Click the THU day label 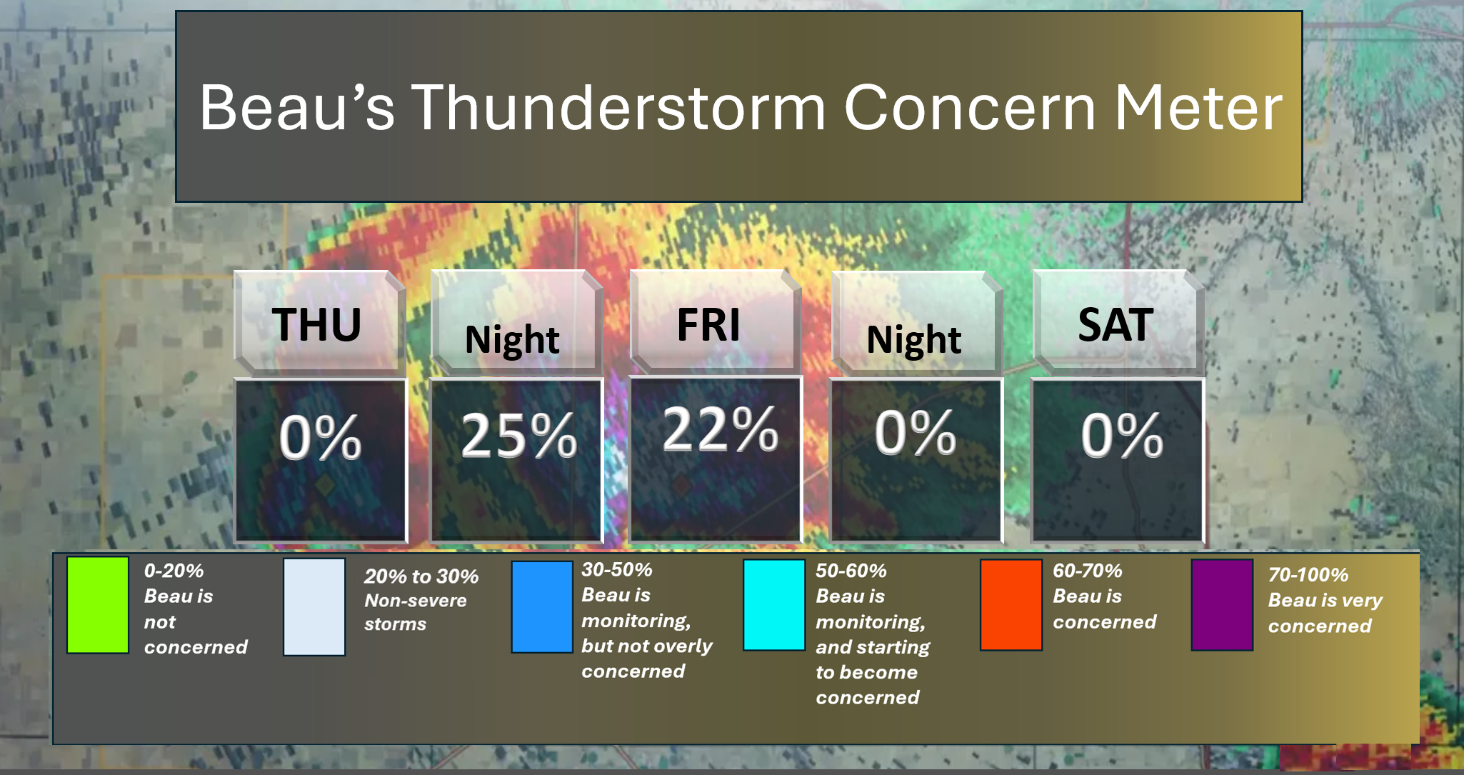tap(316, 325)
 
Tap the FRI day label tap(708, 325)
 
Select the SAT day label tap(1115, 325)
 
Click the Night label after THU tap(512, 340)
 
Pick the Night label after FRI tap(913, 340)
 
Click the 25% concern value tap(519, 435)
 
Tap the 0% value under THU tap(320, 436)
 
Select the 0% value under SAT tap(1122, 435)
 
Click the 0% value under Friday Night tap(916, 432)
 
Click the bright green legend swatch tap(98, 605)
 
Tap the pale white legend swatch tap(314, 606)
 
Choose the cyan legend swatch tap(774, 604)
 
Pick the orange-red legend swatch tap(1011, 604)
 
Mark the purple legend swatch tap(1222, 604)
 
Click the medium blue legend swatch tap(542, 606)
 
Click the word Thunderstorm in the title tap(618, 108)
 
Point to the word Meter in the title tap(1199, 108)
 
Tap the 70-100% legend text tap(1308, 574)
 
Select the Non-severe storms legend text tap(416, 612)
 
